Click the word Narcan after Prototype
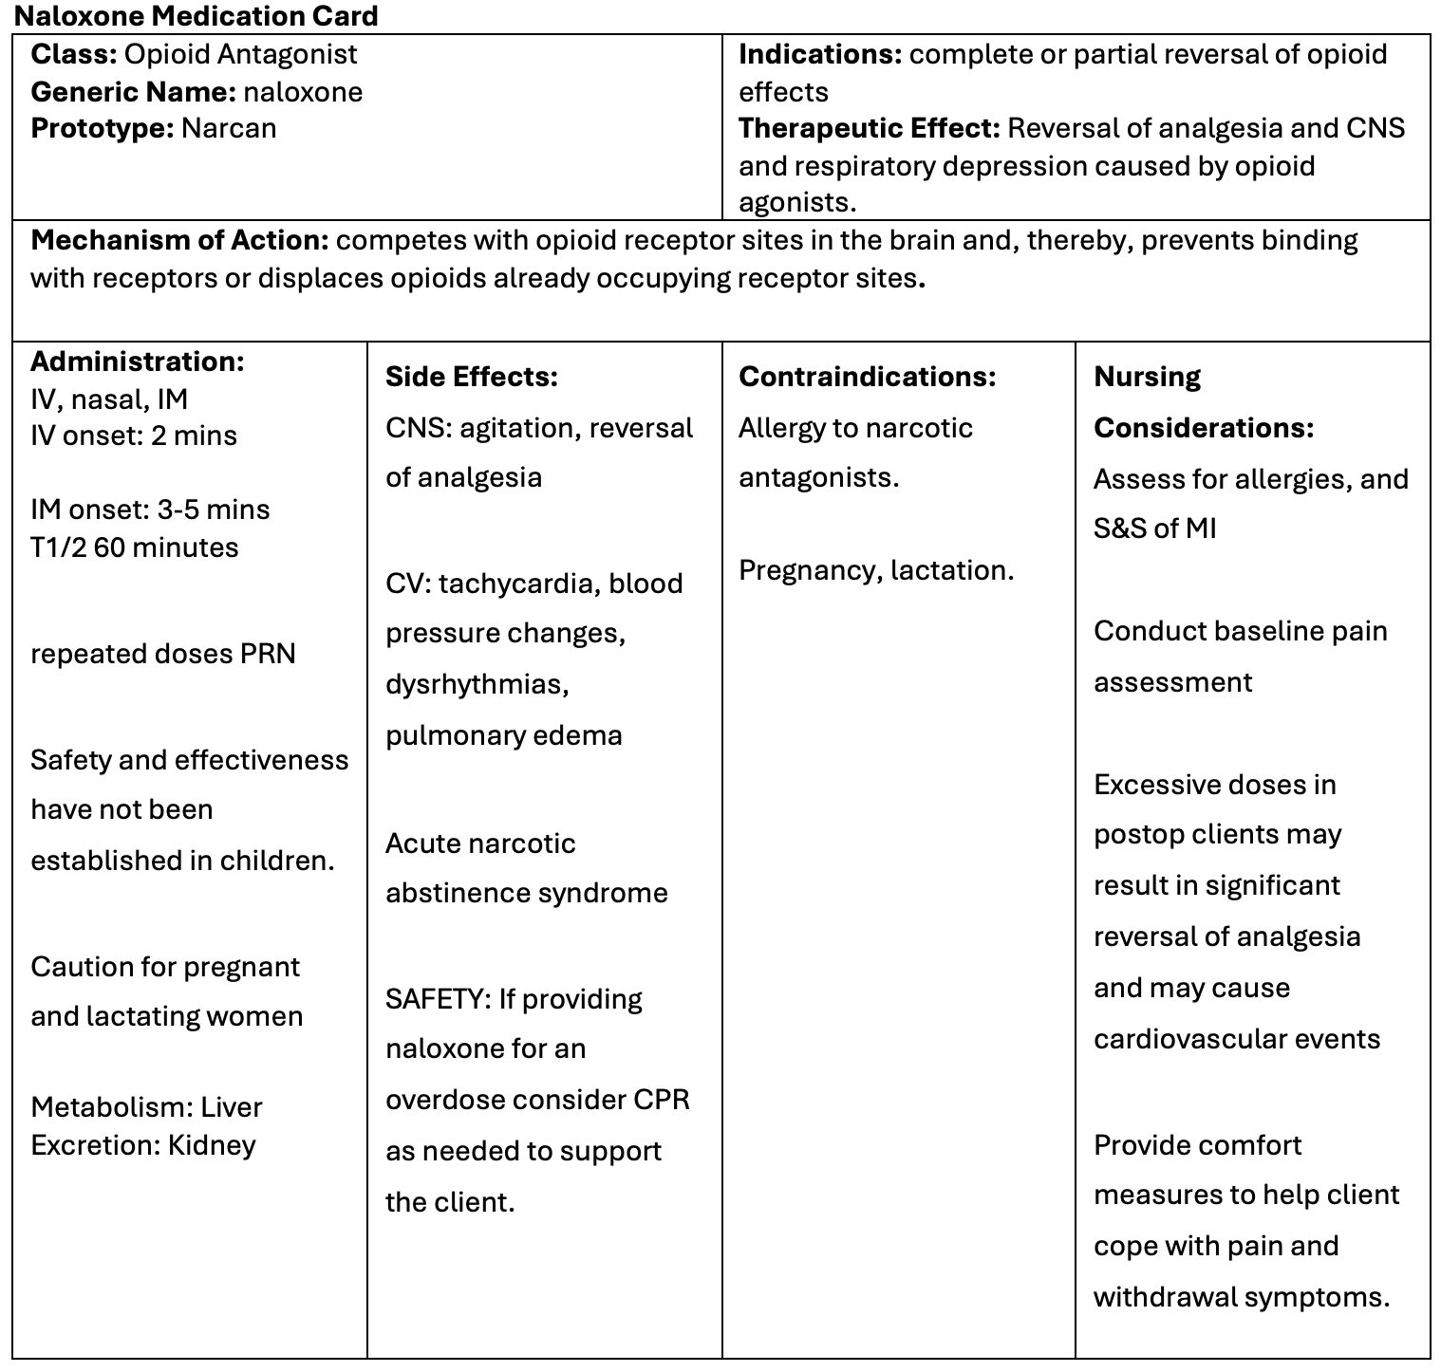pyautogui.click(x=229, y=129)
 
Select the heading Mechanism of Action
pyautogui.click(x=179, y=241)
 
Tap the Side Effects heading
pyautogui.click(x=471, y=378)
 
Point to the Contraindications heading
pyautogui.click(x=867, y=378)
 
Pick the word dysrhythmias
pyautogui.click(x=477, y=685)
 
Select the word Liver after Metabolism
pyautogui.click(x=232, y=1108)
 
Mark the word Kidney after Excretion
pyautogui.click(x=212, y=1145)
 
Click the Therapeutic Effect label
pyautogui.click(x=869, y=129)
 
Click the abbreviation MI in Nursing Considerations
pyautogui.click(x=1200, y=529)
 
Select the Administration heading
pyautogui.click(x=138, y=362)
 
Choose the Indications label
pyautogui.click(x=819, y=55)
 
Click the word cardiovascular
pyautogui.click(x=1178, y=1040)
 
